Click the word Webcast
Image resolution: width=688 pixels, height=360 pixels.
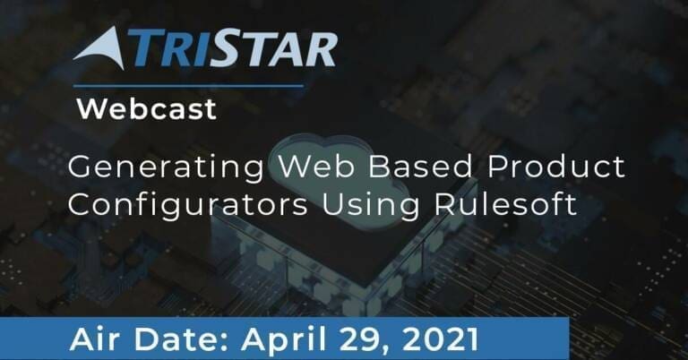(x=147, y=108)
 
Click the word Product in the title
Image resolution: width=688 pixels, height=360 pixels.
(x=556, y=167)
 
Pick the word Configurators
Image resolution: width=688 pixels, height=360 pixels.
(x=188, y=206)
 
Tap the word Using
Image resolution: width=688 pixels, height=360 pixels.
(x=371, y=206)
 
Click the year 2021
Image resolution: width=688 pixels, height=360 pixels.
(x=440, y=339)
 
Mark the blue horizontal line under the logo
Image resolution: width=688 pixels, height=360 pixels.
(x=188, y=86)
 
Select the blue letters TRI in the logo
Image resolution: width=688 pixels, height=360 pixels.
(x=167, y=47)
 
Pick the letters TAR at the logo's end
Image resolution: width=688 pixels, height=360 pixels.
(x=291, y=49)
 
